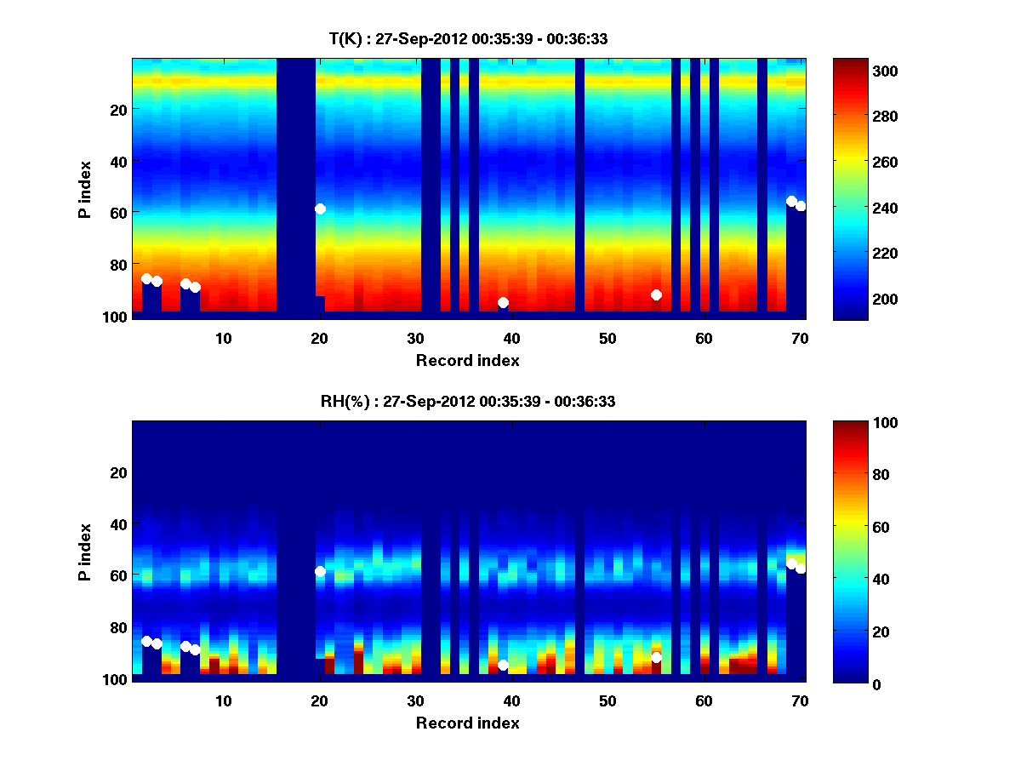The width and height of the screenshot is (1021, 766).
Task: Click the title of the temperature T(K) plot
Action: point(468,38)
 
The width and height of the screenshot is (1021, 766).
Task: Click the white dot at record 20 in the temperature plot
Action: point(320,209)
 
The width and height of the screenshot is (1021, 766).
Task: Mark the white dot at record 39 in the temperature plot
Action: point(503,302)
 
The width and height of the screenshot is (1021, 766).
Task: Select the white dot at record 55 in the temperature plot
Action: point(656,294)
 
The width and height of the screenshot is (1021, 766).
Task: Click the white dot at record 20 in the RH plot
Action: point(320,571)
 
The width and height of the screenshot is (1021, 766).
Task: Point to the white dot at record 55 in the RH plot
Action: point(656,657)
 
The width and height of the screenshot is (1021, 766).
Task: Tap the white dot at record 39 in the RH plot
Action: point(503,665)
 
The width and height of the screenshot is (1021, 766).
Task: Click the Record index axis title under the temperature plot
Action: point(468,360)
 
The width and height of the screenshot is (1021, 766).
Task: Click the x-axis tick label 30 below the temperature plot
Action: point(416,338)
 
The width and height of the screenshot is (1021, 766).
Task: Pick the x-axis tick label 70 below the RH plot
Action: point(800,700)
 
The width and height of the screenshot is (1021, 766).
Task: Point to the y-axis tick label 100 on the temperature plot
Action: point(117,317)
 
